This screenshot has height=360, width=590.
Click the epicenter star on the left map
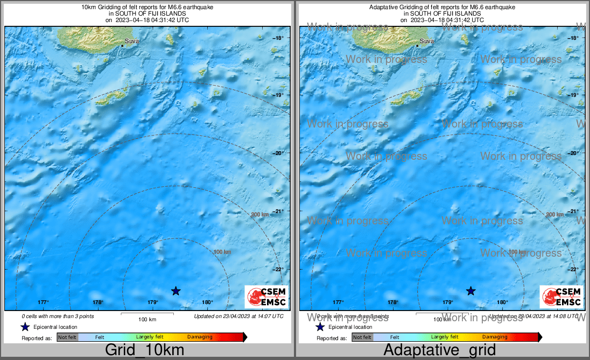point(175,291)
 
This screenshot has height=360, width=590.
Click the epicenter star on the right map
point(470,291)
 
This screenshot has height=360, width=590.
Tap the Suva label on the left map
point(131,41)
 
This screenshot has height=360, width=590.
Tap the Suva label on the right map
point(426,41)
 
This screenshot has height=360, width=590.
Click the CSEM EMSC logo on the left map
point(266,297)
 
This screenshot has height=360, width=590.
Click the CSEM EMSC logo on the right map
point(561,297)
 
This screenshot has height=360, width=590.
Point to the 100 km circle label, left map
point(222,252)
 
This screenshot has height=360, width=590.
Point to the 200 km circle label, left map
point(259,215)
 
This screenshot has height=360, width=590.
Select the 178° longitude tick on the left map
point(98,302)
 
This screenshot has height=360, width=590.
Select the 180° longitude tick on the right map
point(503,302)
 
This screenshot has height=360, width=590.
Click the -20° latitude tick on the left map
point(278,153)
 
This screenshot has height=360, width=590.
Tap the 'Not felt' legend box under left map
point(67,337)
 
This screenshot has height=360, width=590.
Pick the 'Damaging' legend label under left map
point(200,337)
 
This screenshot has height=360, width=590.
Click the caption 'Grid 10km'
point(144,350)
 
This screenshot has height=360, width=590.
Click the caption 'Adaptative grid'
point(439,350)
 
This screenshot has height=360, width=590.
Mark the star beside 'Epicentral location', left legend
point(25,327)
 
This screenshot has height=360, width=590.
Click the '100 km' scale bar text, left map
point(147,320)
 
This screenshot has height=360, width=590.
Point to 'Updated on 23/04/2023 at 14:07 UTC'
point(238,316)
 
